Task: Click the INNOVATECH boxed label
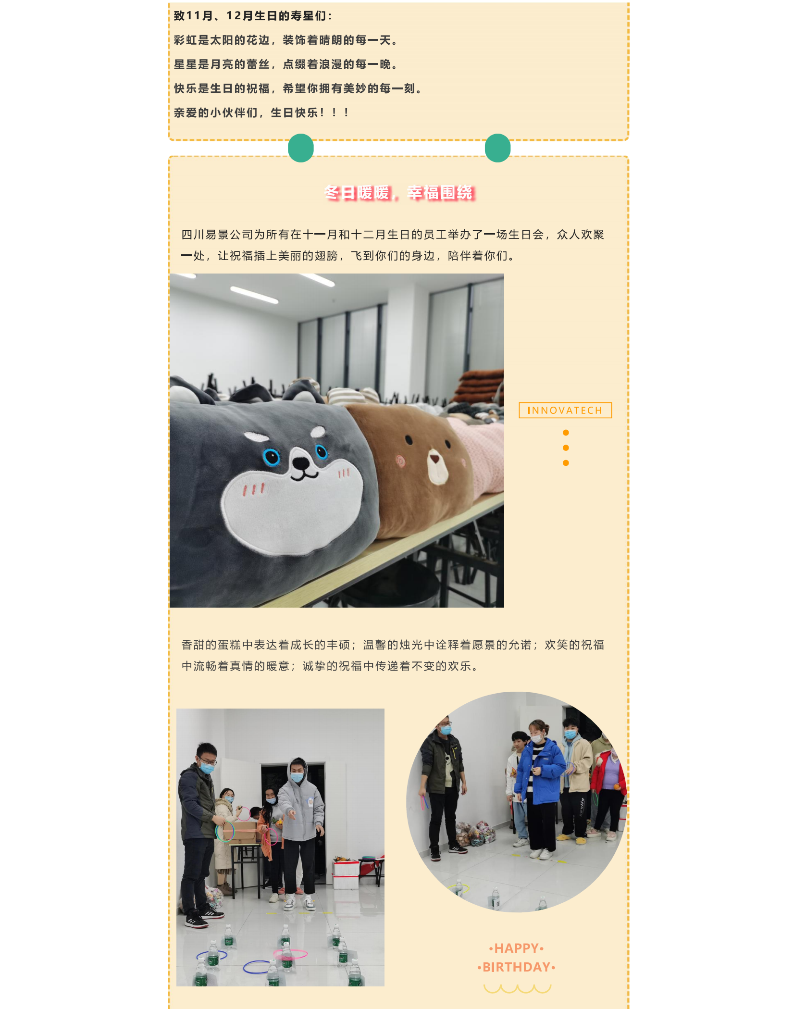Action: pos(565,410)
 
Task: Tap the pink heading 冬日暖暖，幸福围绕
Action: pos(399,193)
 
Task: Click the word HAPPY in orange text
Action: pos(516,948)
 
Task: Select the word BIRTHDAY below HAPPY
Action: pos(516,967)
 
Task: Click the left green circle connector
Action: pos(301,148)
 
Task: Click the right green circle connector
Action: pos(497,148)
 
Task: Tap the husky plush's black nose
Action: pos(301,463)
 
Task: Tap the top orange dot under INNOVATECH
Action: pos(566,433)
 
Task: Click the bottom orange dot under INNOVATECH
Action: pos(566,463)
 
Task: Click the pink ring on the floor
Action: pos(290,953)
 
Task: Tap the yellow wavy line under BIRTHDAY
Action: pos(517,988)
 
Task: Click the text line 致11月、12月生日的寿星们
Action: pos(253,16)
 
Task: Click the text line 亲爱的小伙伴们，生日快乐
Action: pos(261,112)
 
